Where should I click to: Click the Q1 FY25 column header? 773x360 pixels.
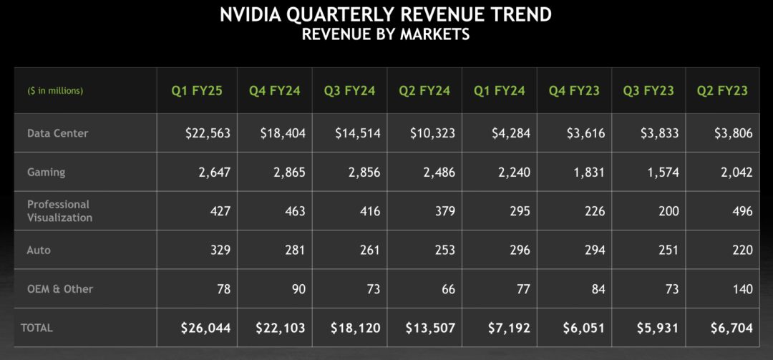[x=197, y=91]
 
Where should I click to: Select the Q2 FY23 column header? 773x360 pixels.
[x=722, y=91]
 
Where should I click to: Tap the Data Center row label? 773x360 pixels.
[x=58, y=133]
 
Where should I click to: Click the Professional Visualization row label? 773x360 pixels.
[x=60, y=210]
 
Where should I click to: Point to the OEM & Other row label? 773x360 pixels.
[x=60, y=289]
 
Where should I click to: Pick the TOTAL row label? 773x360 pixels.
[x=37, y=328]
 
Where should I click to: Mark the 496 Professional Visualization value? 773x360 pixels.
[x=742, y=211]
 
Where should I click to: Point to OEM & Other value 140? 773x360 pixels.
[x=742, y=289]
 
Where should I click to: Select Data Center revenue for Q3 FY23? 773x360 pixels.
[x=657, y=133]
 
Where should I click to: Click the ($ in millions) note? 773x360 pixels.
[x=55, y=91]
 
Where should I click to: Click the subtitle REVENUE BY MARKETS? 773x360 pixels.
[x=386, y=34]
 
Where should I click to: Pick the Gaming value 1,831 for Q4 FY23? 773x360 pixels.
[x=588, y=172]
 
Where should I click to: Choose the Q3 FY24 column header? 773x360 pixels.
[x=350, y=91]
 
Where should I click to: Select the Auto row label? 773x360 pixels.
[x=39, y=250]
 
